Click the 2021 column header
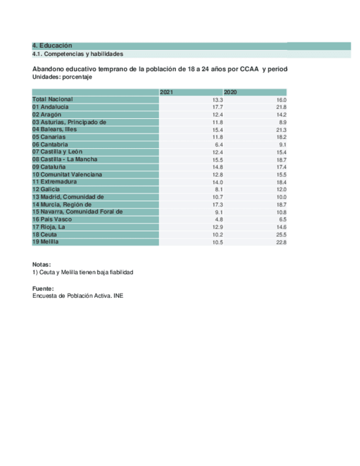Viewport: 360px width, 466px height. tap(166, 92)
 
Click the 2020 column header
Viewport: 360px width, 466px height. tap(230, 92)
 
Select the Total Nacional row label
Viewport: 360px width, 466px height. tap(53, 99)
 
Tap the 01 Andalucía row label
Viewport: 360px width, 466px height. tap(51, 107)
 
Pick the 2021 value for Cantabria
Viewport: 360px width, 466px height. tap(218, 144)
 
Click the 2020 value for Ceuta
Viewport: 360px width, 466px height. tap(281, 234)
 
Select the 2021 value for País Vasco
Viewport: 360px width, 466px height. tap(218, 219)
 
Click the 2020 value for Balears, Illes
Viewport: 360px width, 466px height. tap(281, 129)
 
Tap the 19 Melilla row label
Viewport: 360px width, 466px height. tap(46, 242)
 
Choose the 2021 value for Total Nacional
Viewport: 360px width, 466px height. tap(218, 99)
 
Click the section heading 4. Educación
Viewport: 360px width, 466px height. tap(52, 46)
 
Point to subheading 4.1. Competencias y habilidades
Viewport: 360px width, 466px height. tap(77, 54)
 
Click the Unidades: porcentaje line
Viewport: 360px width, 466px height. tap(62, 77)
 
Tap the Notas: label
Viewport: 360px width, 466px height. tap(42, 264)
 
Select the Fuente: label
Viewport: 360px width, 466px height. tap(43, 288)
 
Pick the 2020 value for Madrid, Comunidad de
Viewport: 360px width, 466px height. tap(281, 197)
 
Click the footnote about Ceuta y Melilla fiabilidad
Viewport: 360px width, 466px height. tap(83, 273)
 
